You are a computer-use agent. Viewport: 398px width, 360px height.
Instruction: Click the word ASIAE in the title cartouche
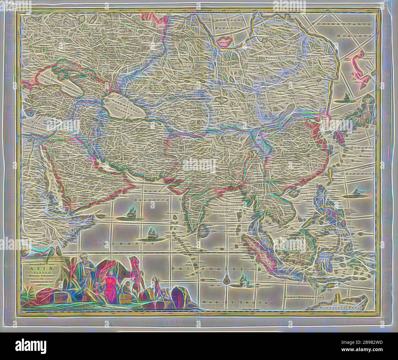click(37, 266)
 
